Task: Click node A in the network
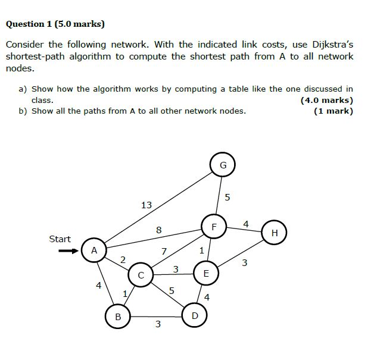coord(94,251)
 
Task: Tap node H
coord(275,233)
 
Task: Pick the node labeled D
coord(195,315)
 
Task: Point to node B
coord(118,317)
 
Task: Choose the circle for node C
coord(141,275)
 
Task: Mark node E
coord(206,274)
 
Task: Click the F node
coord(214,227)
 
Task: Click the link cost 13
coord(146,205)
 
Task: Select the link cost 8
coord(158,230)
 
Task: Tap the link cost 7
coord(164,251)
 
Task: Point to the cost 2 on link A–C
coord(123,259)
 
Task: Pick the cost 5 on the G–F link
coord(227,197)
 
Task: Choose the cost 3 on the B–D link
coord(157,324)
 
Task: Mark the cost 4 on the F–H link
coord(246,224)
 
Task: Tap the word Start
coord(60,239)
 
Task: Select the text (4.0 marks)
coord(327,100)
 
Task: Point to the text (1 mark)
coord(333,111)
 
